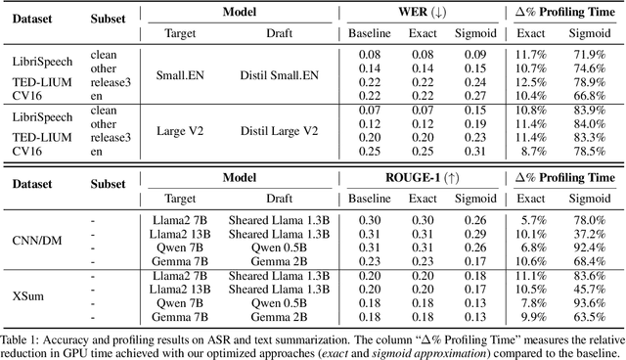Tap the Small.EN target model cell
(177, 73)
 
